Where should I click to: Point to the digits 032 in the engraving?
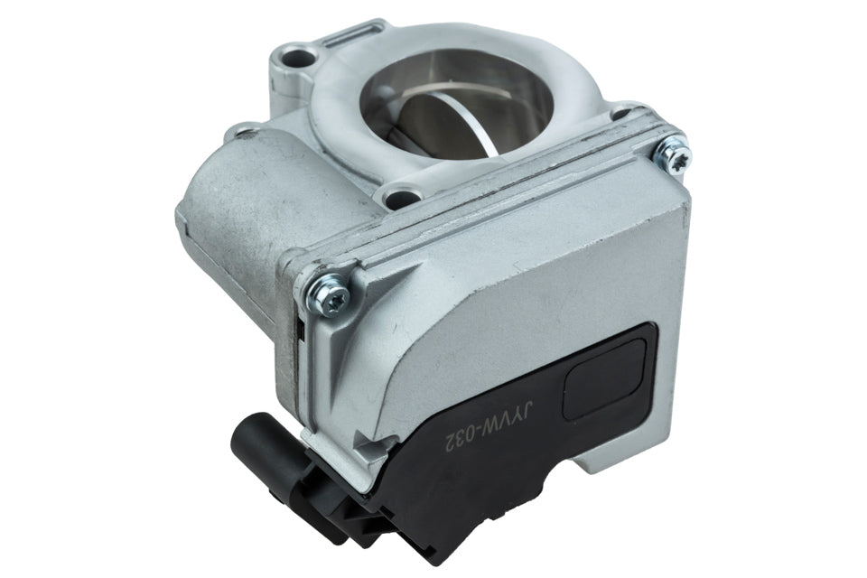[x=459, y=439]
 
